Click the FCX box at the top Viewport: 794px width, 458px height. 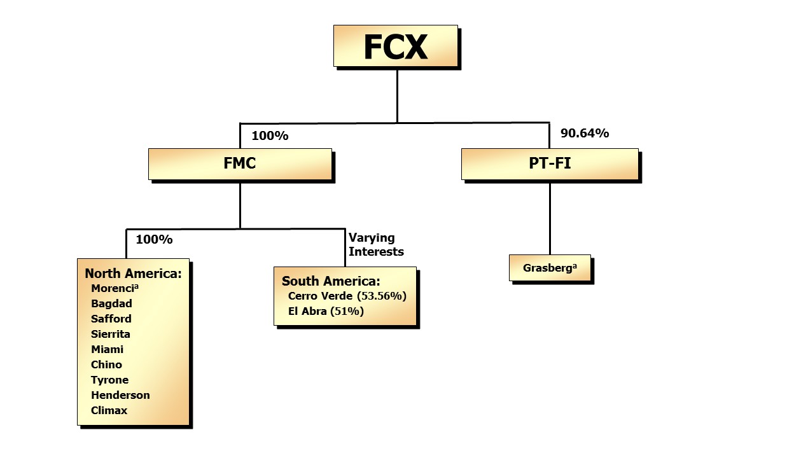[395, 46]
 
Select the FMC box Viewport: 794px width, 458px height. [240, 164]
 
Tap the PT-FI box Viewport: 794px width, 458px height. [550, 164]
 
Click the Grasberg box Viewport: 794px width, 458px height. [550, 268]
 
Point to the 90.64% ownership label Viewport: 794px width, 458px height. [584, 134]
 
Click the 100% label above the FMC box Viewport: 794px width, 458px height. [270, 136]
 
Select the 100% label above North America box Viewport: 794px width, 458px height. [154, 240]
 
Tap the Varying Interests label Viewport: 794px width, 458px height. [375, 245]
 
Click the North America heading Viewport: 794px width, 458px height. [133, 274]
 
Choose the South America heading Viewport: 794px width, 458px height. [331, 281]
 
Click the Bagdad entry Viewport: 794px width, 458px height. [111, 303]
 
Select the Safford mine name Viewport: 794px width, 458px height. [111, 319]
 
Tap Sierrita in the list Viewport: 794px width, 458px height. [111, 334]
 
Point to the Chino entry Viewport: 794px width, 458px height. [106, 364]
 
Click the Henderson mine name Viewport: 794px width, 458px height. [120, 395]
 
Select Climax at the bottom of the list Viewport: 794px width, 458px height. [109, 410]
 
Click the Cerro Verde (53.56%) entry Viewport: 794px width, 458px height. [347, 296]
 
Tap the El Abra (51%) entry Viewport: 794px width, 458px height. [326, 312]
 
